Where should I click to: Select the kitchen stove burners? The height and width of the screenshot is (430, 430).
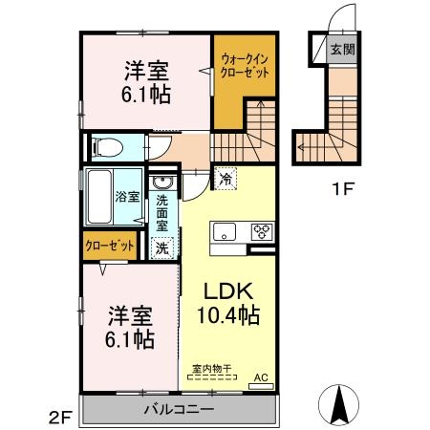pos(261,231)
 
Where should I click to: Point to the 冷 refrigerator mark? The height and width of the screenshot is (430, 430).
pos(226,179)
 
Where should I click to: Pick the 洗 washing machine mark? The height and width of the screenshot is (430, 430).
pos(162,247)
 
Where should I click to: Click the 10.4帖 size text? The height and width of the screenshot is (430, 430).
pos(229,314)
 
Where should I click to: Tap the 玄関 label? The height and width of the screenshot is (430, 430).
pos(341,50)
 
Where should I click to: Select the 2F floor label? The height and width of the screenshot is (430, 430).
pos(61,417)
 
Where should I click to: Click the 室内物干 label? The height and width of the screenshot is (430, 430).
pos(212,368)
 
